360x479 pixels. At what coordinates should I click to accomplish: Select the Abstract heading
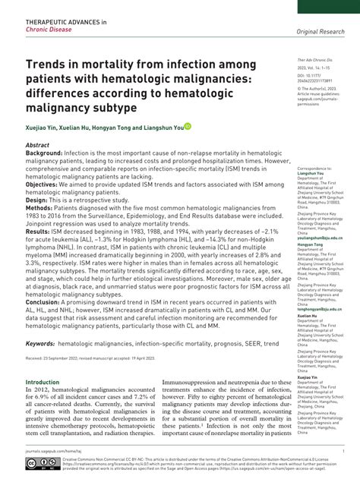[37, 143]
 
